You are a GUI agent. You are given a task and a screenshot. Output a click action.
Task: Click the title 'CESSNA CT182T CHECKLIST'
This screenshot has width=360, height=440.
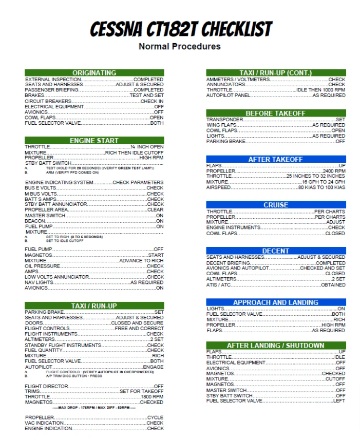[180, 29]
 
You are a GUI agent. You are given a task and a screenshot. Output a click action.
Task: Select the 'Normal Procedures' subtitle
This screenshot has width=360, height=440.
[180, 47]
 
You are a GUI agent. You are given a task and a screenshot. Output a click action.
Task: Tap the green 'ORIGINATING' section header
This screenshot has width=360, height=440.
[94, 73]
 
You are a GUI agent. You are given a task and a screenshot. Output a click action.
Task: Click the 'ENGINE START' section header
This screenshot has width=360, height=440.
[94, 140]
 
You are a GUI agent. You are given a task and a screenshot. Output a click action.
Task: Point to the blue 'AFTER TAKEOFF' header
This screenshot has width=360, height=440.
[276, 159]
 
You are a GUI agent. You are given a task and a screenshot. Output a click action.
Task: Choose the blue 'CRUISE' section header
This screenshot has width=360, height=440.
[276, 205]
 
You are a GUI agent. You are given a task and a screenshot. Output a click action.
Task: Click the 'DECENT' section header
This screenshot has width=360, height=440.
[276, 251]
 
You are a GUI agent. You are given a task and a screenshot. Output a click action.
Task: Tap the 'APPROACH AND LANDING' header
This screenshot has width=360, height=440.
[276, 302]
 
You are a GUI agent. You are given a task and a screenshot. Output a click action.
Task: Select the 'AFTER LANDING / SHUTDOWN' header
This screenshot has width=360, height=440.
[276, 346]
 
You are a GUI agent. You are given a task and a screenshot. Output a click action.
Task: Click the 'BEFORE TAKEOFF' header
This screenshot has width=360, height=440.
[276, 113]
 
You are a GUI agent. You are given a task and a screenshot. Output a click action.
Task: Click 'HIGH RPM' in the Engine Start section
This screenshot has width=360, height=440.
[151, 158]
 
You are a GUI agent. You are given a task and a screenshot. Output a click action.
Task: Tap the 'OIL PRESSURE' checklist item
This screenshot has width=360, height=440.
[43, 266]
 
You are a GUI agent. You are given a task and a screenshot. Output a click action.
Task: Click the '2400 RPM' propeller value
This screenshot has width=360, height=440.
[334, 171]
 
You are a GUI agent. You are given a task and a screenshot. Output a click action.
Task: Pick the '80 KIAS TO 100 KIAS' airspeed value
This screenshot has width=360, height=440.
[322, 187]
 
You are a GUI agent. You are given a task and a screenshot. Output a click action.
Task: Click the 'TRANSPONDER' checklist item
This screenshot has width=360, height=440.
[225, 120]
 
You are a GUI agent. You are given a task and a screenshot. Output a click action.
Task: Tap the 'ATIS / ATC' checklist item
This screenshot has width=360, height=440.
[219, 285]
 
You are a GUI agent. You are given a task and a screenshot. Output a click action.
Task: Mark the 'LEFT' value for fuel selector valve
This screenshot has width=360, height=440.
[339, 401]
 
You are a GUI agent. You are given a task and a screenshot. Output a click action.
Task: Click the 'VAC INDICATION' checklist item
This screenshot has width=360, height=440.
[45, 423]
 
